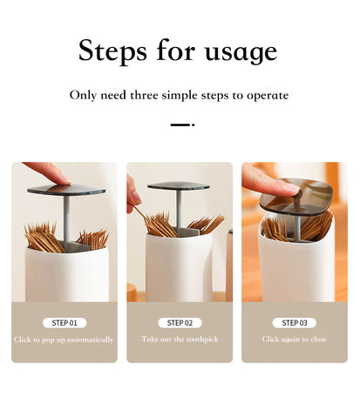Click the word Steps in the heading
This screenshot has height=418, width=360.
[x=112, y=51]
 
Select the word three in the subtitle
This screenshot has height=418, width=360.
[x=144, y=95]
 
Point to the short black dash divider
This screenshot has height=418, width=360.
[x=182, y=125]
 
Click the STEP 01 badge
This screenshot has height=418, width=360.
[x=65, y=323]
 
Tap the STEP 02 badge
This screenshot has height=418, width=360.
[x=180, y=323]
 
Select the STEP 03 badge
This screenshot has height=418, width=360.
[x=295, y=323]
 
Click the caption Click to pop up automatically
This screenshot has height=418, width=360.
[x=64, y=340]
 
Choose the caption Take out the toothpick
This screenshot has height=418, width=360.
[x=180, y=339]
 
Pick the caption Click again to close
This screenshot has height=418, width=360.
[x=295, y=339]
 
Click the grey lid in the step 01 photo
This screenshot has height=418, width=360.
[x=66, y=190]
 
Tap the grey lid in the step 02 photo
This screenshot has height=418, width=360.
[x=179, y=186]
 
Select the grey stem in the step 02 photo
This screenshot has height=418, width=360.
[x=179, y=209]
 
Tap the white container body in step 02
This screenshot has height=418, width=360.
[x=179, y=267]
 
